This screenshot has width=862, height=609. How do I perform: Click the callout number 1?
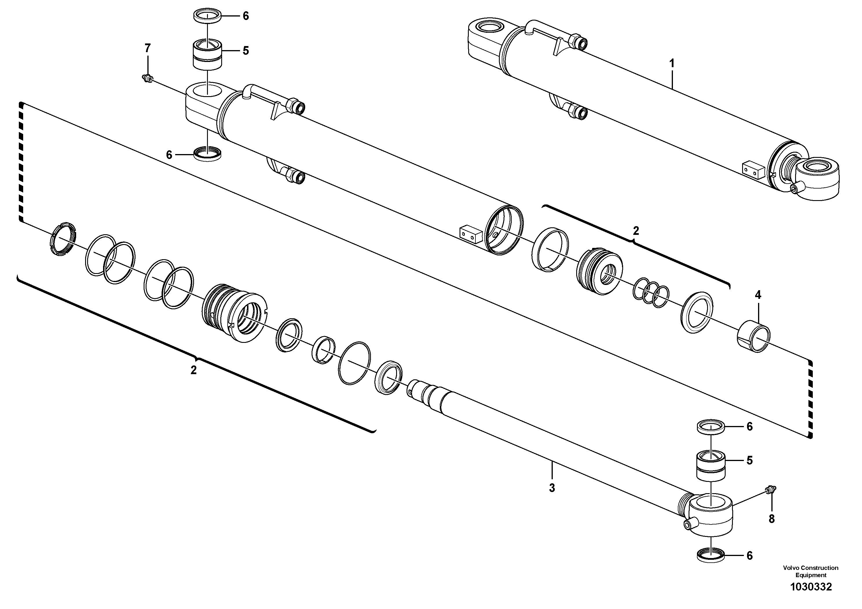pos(672,63)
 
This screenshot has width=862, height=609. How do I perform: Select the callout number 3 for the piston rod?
pos(552,488)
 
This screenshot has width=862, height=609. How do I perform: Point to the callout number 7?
pos(148,48)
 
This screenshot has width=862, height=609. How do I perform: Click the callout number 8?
pos(772,519)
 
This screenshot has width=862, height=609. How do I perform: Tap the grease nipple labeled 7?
pos(147,78)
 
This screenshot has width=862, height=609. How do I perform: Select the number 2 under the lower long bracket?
pos(193,370)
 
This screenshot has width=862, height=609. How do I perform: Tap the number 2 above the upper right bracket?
pos(636,231)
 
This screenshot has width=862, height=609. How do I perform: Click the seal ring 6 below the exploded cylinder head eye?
pos(208,154)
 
